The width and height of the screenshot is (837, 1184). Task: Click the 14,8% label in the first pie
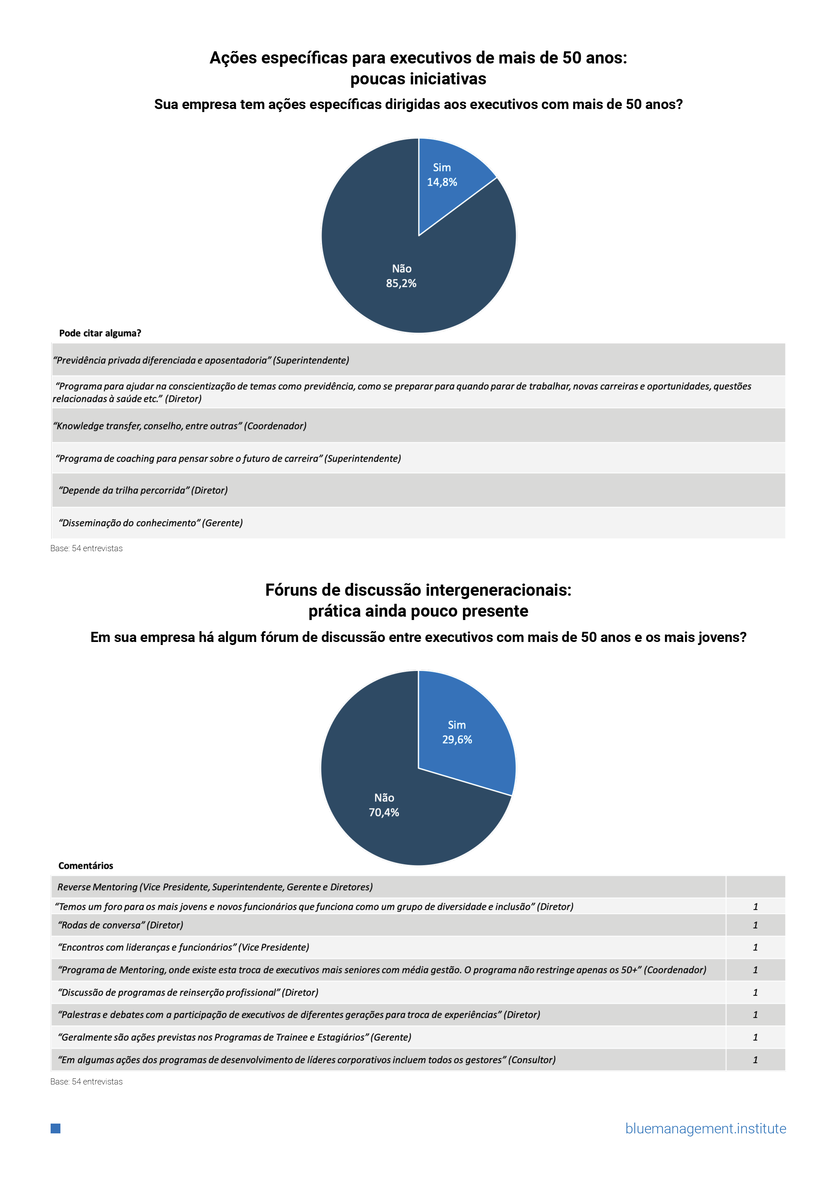click(x=442, y=182)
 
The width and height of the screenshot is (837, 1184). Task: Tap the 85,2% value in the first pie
click(x=401, y=283)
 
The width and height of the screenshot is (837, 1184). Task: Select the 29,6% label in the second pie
click(x=457, y=739)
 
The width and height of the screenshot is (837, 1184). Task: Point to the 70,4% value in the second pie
click(x=384, y=812)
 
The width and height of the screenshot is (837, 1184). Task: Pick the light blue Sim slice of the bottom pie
click(x=475, y=758)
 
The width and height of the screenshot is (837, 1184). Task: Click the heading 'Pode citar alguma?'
click(x=100, y=333)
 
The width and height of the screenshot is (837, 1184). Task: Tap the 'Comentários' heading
click(x=86, y=865)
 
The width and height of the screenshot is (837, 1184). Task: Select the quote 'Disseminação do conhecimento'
click(x=151, y=523)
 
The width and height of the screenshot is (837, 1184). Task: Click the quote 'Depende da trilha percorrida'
click(x=143, y=490)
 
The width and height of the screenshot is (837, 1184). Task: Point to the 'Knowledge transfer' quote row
click(x=180, y=426)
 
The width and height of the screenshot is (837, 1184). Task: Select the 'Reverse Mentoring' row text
click(x=215, y=887)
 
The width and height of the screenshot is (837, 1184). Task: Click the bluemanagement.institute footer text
click(x=705, y=1128)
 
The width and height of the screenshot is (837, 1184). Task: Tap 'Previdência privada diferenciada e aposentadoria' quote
click(x=201, y=360)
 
